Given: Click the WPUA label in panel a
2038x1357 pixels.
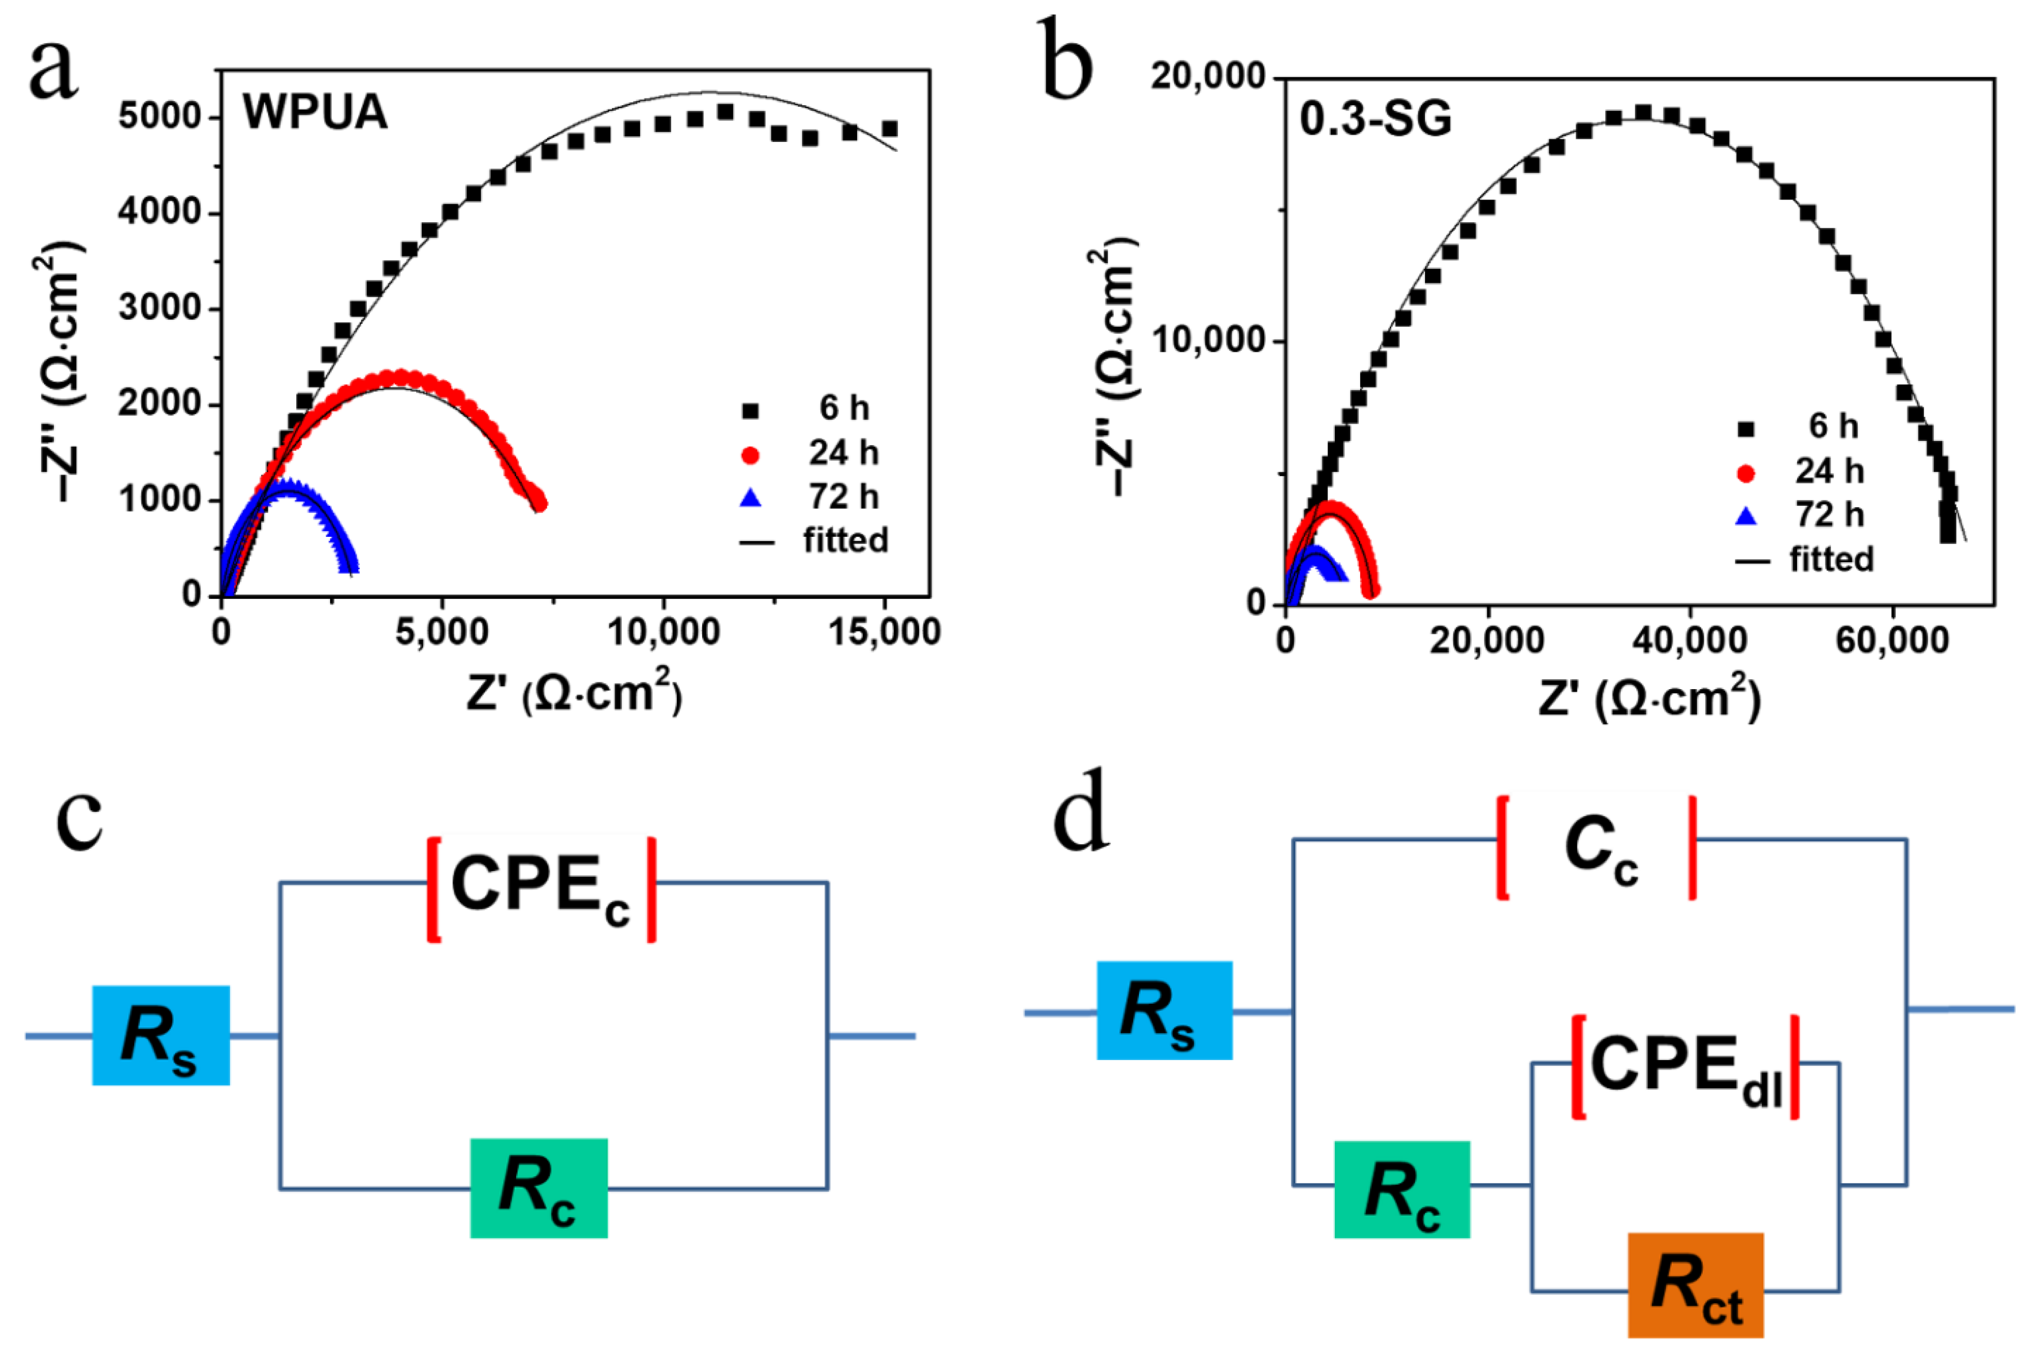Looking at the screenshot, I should click(x=315, y=112).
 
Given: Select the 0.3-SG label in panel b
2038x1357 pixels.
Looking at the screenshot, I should click(x=1375, y=119).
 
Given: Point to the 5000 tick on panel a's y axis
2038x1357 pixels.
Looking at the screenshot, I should click(x=160, y=116).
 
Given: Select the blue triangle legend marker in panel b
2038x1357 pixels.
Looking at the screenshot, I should click(x=1746, y=517).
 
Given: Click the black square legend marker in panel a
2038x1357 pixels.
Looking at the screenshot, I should click(x=750, y=410).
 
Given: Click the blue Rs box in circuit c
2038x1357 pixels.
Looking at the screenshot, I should click(x=161, y=1035).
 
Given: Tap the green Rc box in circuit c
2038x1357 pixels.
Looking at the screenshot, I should click(x=538, y=1188).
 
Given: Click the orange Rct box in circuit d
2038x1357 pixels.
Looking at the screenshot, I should click(x=1695, y=1284).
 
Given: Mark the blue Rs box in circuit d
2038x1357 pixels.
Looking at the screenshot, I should click(x=1164, y=1010).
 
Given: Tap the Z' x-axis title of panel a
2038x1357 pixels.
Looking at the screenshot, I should click(x=574, y=693).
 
